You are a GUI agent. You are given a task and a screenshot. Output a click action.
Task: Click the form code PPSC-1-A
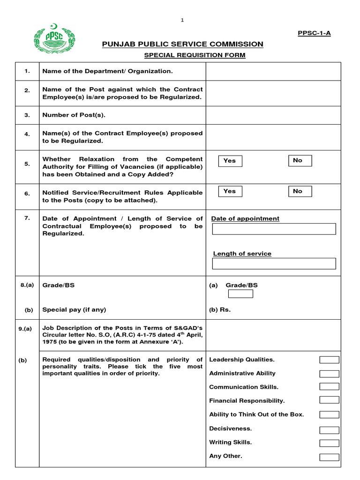315,33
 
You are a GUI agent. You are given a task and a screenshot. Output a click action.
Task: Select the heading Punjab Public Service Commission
183,44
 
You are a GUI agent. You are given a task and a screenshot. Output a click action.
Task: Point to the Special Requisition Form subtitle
195,55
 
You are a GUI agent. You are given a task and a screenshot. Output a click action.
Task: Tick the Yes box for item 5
230,161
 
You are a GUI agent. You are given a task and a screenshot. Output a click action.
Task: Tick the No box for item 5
300,161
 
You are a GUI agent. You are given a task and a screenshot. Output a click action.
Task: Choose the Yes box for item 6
230,191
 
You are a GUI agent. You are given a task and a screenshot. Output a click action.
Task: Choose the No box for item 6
300,191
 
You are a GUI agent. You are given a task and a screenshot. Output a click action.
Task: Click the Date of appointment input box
274,229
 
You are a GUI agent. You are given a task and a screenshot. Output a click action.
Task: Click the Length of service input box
274,263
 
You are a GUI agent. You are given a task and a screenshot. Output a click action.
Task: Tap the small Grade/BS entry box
240,294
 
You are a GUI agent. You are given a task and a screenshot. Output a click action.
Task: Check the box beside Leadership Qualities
329,360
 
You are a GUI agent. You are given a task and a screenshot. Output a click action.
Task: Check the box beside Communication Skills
329,387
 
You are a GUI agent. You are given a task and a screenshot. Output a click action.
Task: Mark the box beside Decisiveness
329,430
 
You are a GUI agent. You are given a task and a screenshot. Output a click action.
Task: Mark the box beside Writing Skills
329,443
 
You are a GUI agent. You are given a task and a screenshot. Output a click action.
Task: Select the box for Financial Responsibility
329,400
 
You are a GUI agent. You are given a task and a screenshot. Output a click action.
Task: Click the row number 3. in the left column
27,115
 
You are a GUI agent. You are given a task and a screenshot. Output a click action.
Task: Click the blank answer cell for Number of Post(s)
273,115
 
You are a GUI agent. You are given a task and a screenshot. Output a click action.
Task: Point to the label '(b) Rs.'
220,310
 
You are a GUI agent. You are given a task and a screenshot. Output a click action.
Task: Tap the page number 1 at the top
183,20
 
